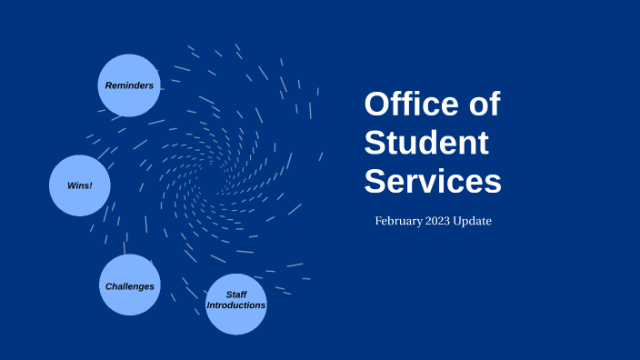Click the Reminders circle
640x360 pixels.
[128, 85]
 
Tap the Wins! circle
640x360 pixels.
[79, 185]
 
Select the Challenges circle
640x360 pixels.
[130, 285]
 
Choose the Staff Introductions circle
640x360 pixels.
[236, 304]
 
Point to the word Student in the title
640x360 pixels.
[427, 143]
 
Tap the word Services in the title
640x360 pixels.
[433, 182]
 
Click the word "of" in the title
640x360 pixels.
[483, 104]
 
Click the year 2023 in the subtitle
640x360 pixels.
[445, 221]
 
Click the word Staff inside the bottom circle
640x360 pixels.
[236, 295]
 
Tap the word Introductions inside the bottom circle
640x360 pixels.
[236, 305]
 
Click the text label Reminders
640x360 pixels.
[129, 85]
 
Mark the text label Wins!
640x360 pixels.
[79, 185]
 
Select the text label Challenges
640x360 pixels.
[130, 286]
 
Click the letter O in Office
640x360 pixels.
[378, 104]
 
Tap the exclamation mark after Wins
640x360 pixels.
[91, 185]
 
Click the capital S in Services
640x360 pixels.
[376, 182]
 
